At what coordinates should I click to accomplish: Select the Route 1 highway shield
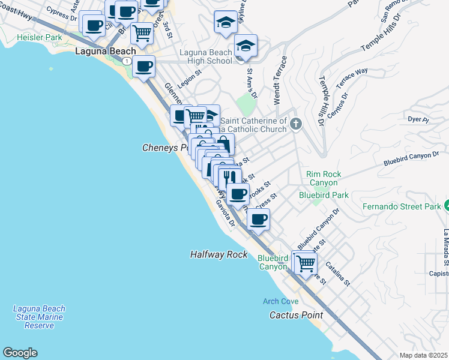(x=127, y=61)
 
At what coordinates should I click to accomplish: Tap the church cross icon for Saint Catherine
(x=295, y=124)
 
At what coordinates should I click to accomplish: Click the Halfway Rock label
(x=219, y=254)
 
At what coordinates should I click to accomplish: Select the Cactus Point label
(x=296, y=315)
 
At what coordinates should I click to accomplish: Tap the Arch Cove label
(x=280, y=301)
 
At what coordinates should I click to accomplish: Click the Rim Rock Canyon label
(x=324, y=178)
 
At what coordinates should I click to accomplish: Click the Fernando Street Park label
(x=402, y=208)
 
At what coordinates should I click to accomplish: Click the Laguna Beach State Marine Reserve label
(x=39, y=317)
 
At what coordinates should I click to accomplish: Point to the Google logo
(x=20, y=353)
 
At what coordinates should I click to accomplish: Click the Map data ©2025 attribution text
(x=423, y=355)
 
